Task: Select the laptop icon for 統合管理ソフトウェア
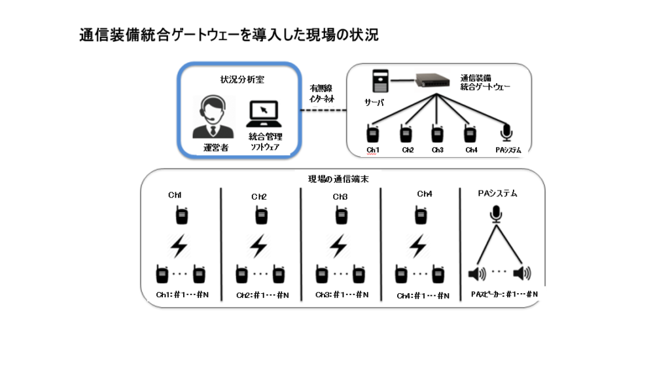(x=264, y=115)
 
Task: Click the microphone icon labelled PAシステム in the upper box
(x=506, y=132)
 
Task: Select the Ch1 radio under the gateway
(x=373, y=133)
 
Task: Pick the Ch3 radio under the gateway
(x=437, y=133)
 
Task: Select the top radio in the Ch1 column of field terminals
(x=181, y=215)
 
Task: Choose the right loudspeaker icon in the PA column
(x=522, y=272)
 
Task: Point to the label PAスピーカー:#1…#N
(x=504, y=295)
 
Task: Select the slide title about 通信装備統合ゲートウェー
(x=228, y=35)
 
